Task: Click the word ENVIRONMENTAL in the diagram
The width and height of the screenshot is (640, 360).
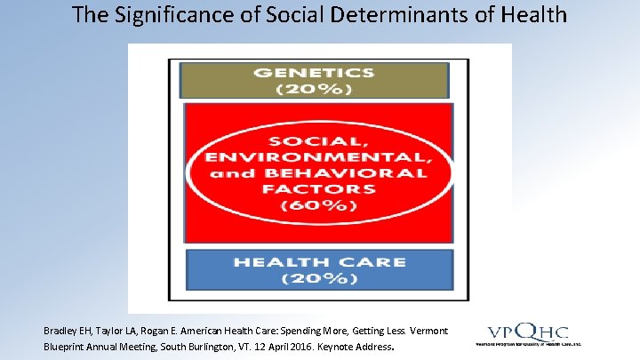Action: [318, 157]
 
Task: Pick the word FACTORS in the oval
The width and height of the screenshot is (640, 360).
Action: [318, 188]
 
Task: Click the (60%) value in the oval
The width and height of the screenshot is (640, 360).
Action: [318, 205]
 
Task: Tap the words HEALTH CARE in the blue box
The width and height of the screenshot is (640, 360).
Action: [318, 262]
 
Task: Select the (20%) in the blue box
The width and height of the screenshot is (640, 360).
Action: [318, 278]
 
